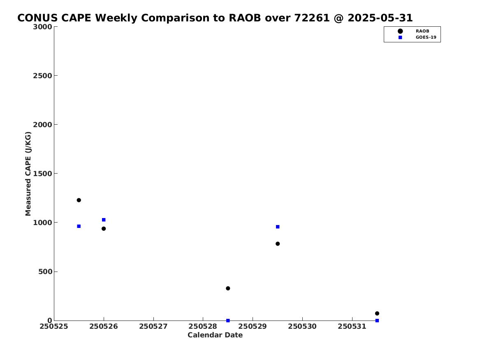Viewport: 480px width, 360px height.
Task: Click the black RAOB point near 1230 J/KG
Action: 79,200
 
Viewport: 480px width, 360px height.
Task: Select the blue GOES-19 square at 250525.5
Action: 79,226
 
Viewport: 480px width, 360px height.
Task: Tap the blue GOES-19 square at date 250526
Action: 104,220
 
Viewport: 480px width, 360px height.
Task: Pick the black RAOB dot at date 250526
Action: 104,229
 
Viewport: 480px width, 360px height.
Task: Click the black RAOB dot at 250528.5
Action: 228,288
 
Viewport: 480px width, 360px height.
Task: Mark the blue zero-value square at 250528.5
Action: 228,321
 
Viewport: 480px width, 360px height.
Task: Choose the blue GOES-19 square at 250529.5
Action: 278,227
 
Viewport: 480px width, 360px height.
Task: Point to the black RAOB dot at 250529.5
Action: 278,244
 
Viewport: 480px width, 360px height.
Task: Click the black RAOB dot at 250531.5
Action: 377,314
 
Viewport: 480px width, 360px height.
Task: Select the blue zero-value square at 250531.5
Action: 377,321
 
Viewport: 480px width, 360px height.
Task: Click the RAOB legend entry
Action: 413,31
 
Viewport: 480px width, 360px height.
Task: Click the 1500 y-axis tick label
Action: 42,174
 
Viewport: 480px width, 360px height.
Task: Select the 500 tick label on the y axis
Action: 45,272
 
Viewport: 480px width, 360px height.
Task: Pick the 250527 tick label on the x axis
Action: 153,326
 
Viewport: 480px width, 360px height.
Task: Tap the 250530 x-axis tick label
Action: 302,326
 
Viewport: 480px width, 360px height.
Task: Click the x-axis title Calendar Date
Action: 215,335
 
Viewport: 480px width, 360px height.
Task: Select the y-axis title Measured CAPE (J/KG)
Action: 28,174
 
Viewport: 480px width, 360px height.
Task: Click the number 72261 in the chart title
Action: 312,18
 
